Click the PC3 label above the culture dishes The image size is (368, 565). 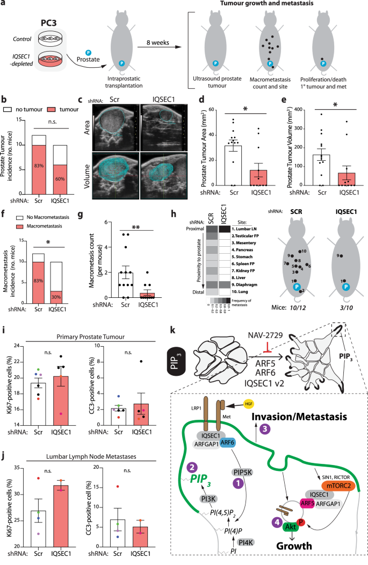47,25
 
